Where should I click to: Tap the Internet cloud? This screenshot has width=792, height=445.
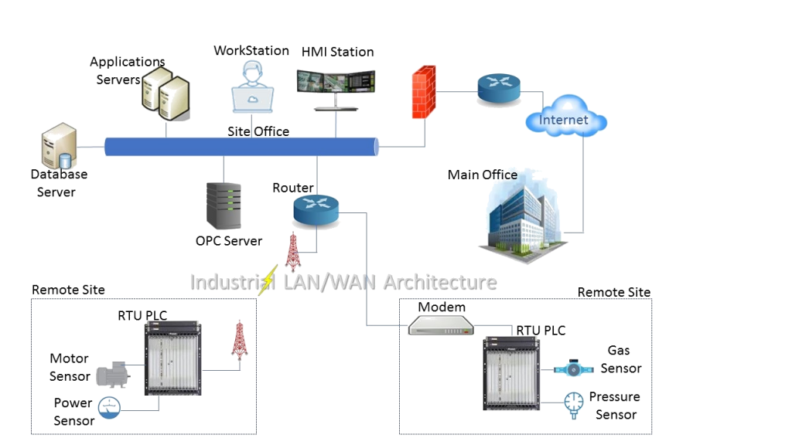pyautogui.click(x=565, y=121)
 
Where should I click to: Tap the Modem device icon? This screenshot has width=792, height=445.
pyautogui.click(x=440, y=326)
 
